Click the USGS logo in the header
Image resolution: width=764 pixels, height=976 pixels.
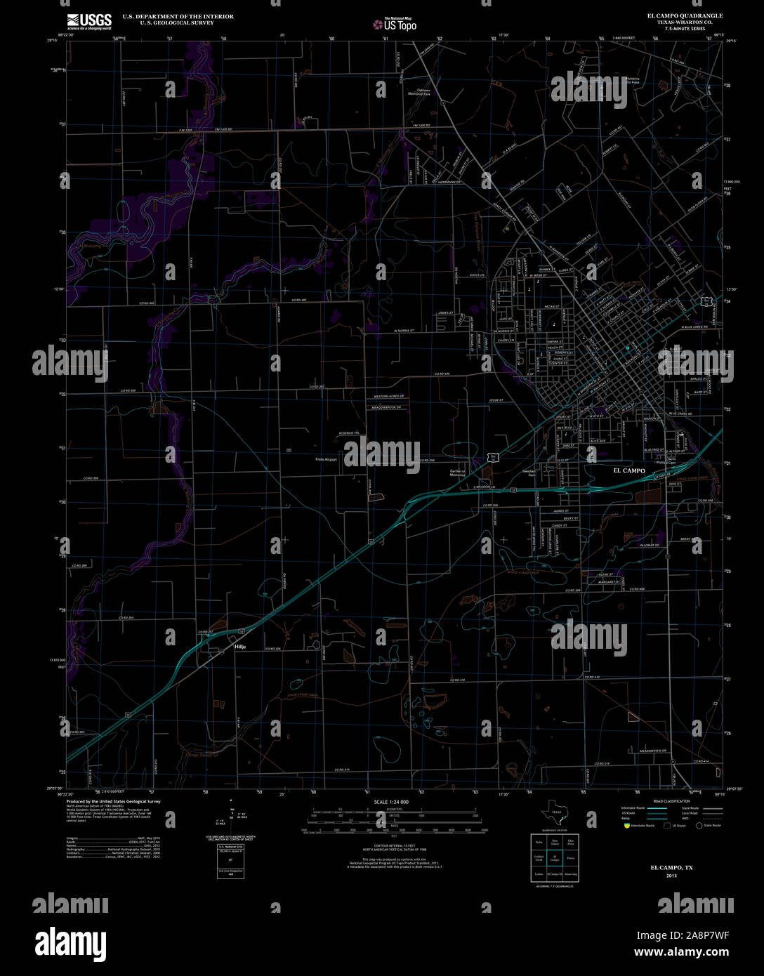(89, 21)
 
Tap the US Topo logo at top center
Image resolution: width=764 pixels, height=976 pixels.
(395, 25)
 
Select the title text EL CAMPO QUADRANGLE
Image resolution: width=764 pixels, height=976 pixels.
(675, 15)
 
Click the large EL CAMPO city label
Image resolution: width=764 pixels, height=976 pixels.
(629, 470)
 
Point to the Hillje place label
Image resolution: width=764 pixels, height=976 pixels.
(239, 647)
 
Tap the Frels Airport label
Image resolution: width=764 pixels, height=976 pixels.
(325, 460)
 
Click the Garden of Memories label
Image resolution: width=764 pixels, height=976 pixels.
(458, 473)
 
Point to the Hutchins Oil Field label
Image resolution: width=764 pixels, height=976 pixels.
(633, 81)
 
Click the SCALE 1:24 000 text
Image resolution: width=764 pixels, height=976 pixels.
(391, 802)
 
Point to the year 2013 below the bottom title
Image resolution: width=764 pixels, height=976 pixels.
(671, 876)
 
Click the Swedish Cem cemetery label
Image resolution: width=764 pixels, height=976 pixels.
(531, 473)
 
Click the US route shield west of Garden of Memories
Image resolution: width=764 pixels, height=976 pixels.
(495, 456)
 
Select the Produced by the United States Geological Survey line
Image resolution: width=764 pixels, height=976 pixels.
(113, 801)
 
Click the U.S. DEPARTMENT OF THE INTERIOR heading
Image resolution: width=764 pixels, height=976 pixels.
(178, 15)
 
